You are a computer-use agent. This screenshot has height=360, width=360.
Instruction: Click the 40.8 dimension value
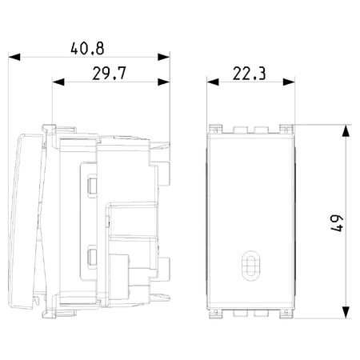point(87,49)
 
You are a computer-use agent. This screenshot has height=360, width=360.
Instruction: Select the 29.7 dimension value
point(109,74)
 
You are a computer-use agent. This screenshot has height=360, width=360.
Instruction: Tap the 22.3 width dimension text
point(249,74)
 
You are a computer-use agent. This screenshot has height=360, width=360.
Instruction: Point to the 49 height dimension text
point(337,223)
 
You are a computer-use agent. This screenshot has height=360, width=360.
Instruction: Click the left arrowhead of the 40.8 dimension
point(14,57)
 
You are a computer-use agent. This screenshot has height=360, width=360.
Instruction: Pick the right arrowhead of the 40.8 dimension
point(164,57)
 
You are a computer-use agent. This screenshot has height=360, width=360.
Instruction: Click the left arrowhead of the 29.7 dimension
point(58,82)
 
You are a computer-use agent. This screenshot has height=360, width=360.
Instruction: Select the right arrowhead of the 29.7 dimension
point(164,82)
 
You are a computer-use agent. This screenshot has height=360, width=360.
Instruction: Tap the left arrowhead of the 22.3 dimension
point(213,82)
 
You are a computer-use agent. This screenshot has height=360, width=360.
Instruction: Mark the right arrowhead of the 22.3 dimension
point(289,82)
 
